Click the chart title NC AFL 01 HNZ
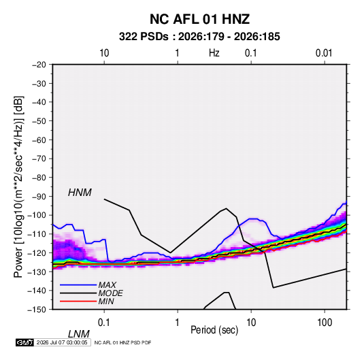(x=199, y=19)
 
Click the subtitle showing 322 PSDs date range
(x=199, y=37)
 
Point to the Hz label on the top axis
(x=214, y=53)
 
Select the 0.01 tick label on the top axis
(x=324, y=53)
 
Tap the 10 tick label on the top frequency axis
(x=104, y=53)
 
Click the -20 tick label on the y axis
(x=39, y=65)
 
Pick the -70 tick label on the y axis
(x=39, y=159)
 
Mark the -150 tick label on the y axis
(x=37, y=310)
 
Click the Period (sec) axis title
(x=214, y=330)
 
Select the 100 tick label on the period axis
(x=325, y=323)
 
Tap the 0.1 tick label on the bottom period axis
(x=103, y=323)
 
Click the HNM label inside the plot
(x=80, y=193)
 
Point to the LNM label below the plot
(x=78, y=334)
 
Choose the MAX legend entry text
(x=107, y=285)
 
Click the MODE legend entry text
(x=110, y=293)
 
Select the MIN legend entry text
(x=106, y=301)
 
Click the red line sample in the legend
(x=78, y=301)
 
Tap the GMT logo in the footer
(x=24, y=342)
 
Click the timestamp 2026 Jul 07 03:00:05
(x=62, y=342)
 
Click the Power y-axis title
(x=18, y=186)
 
